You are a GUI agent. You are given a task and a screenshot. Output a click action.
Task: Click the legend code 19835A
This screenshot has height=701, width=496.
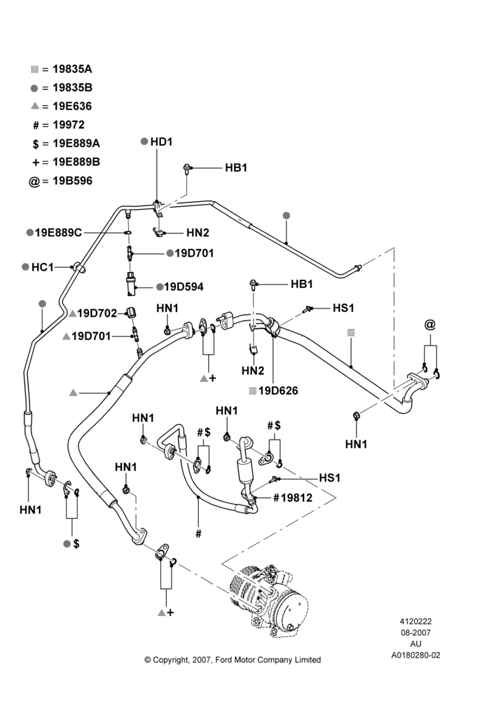click(72, 69)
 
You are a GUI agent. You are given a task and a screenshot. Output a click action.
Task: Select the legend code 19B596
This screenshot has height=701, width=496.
click(72, 181)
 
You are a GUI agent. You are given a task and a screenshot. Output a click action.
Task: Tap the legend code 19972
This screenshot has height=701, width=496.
click(69, 125)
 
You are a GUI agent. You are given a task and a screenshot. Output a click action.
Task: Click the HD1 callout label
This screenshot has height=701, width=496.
click(161, 142)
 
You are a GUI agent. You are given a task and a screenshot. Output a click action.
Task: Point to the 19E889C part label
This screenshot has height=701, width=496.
click(59, 233)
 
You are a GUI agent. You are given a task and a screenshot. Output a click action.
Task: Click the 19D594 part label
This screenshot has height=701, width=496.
click(184, 287)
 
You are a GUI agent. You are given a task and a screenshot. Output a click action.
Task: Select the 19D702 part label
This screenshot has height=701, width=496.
click(97, 313)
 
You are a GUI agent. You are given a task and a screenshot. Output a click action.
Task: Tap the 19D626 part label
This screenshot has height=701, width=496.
click(278, 390)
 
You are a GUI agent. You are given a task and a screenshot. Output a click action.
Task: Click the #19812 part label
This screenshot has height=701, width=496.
click(293, 498)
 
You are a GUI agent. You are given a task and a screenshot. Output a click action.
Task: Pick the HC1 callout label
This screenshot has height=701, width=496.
click(43, 267)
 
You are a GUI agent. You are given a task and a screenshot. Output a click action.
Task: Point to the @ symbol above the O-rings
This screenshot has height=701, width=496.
click(430, 325)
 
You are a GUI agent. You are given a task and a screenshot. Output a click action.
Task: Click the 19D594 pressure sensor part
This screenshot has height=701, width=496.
click(130, 284)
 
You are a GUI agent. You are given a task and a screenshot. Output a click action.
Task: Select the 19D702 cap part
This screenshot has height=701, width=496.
click(131, 313)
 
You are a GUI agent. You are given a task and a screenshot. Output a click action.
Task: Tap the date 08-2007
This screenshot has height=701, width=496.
click(415, 632)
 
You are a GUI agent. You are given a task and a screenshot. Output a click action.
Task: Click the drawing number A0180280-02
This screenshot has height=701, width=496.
click(415, 655)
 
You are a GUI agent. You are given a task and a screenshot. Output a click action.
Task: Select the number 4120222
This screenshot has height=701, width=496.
click(415, 621)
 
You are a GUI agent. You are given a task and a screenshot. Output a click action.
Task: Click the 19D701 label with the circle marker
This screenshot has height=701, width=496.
click(194, 253)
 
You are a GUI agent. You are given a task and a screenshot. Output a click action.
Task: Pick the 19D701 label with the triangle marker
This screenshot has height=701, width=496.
click(91, 336)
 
